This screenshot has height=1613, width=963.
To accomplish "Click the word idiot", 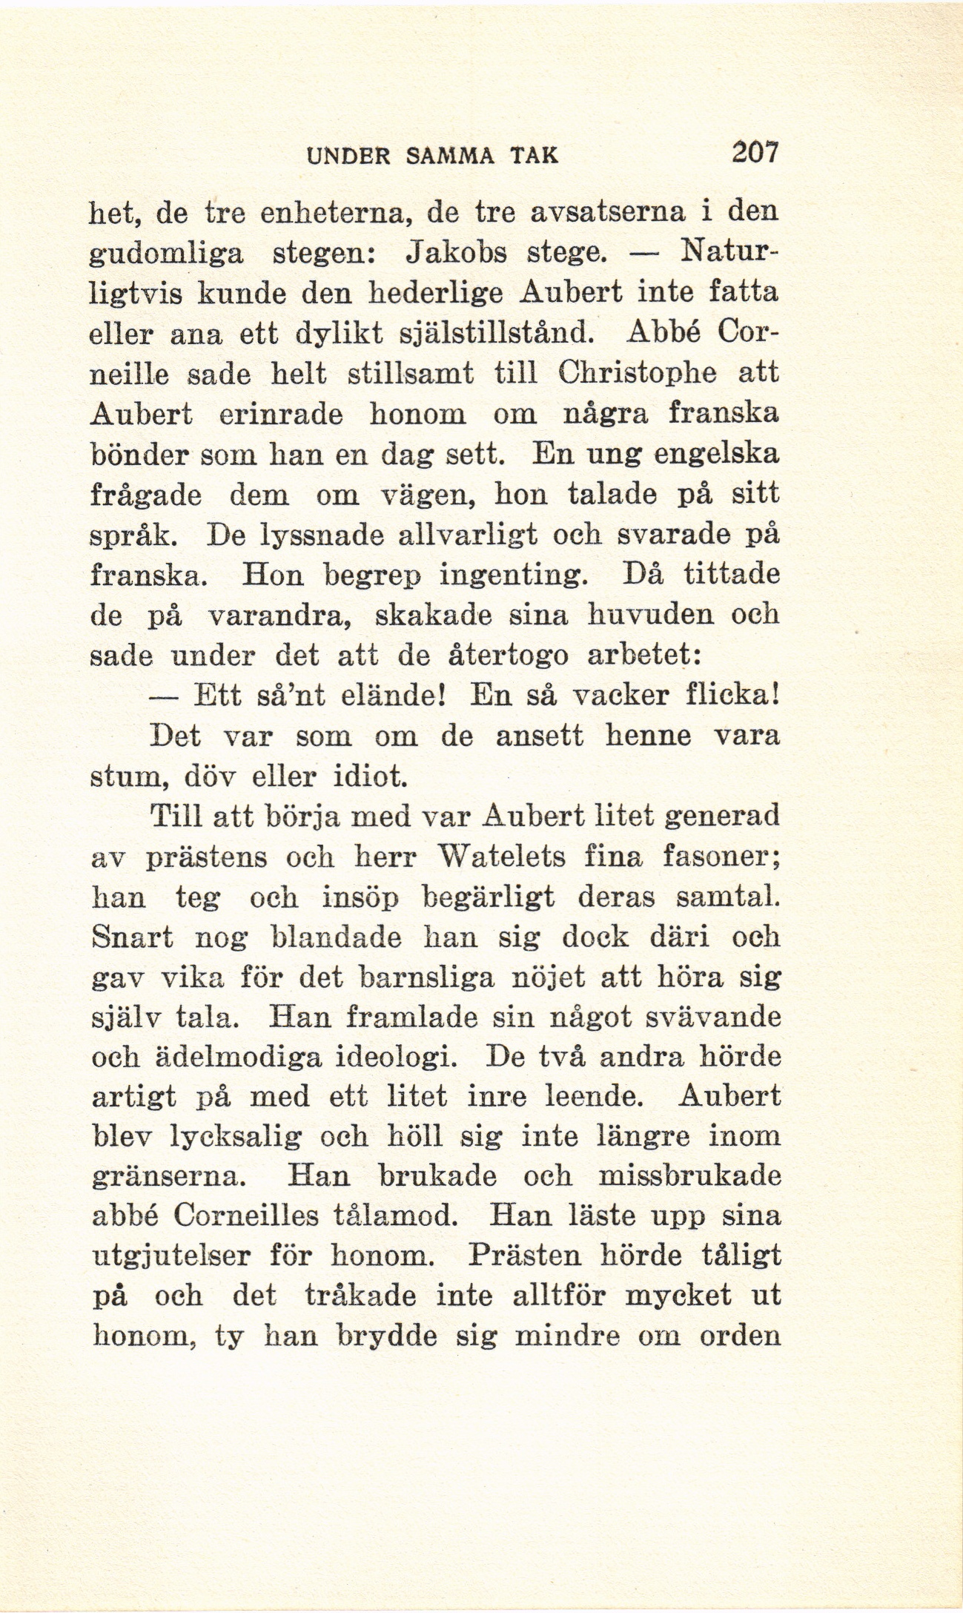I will (x=371, y=778).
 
